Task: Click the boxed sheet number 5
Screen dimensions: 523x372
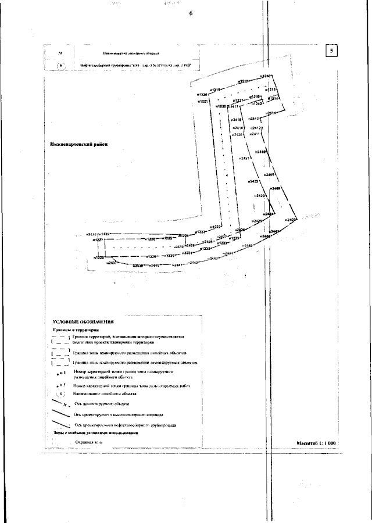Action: pyautogui.click(x=331, y=51)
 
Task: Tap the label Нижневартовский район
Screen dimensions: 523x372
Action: pyautogui.click(x=79, y=144)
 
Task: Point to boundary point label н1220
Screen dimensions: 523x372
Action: pyautogui.click(x=202, y=94)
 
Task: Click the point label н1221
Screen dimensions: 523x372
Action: pyautogui.click(x=202, y=101)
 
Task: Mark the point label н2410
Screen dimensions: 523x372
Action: pyautogui.click(x=260, y=152)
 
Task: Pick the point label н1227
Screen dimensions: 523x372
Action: pyautogui.click(x=99, y=240)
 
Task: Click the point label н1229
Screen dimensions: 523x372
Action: pyautogui.click(x=150, y=256)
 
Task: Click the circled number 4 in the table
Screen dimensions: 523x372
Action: pyautogui.click(x=61, y=66)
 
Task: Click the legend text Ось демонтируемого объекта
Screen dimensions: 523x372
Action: pyautogui.click(x=105, y=403)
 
